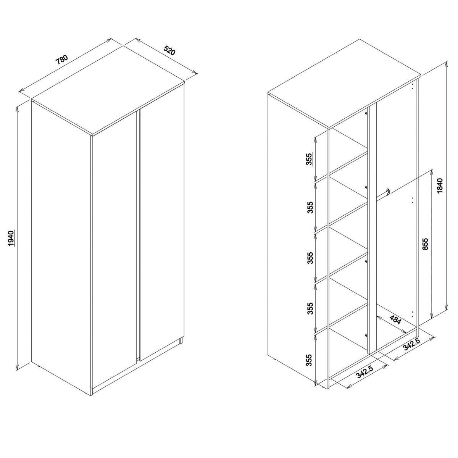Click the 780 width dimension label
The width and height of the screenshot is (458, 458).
click(x=62, y=60)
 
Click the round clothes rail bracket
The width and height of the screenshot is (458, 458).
click(x=388, y=191)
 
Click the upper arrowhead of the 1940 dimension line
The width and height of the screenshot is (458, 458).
click(x=17, y=109)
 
